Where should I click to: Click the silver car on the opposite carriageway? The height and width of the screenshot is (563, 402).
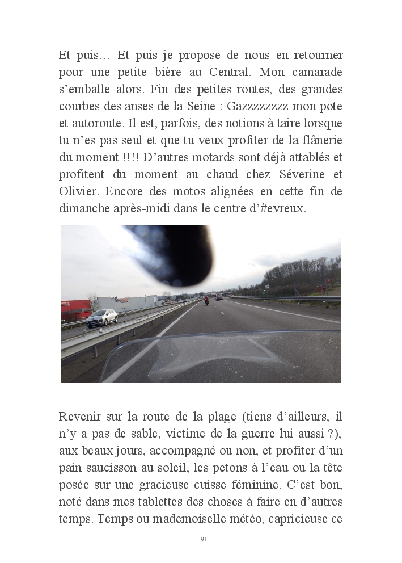click(102, 317)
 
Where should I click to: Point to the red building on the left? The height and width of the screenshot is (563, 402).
click(75, 309)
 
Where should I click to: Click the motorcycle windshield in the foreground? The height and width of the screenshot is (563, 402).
click(221, 355)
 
